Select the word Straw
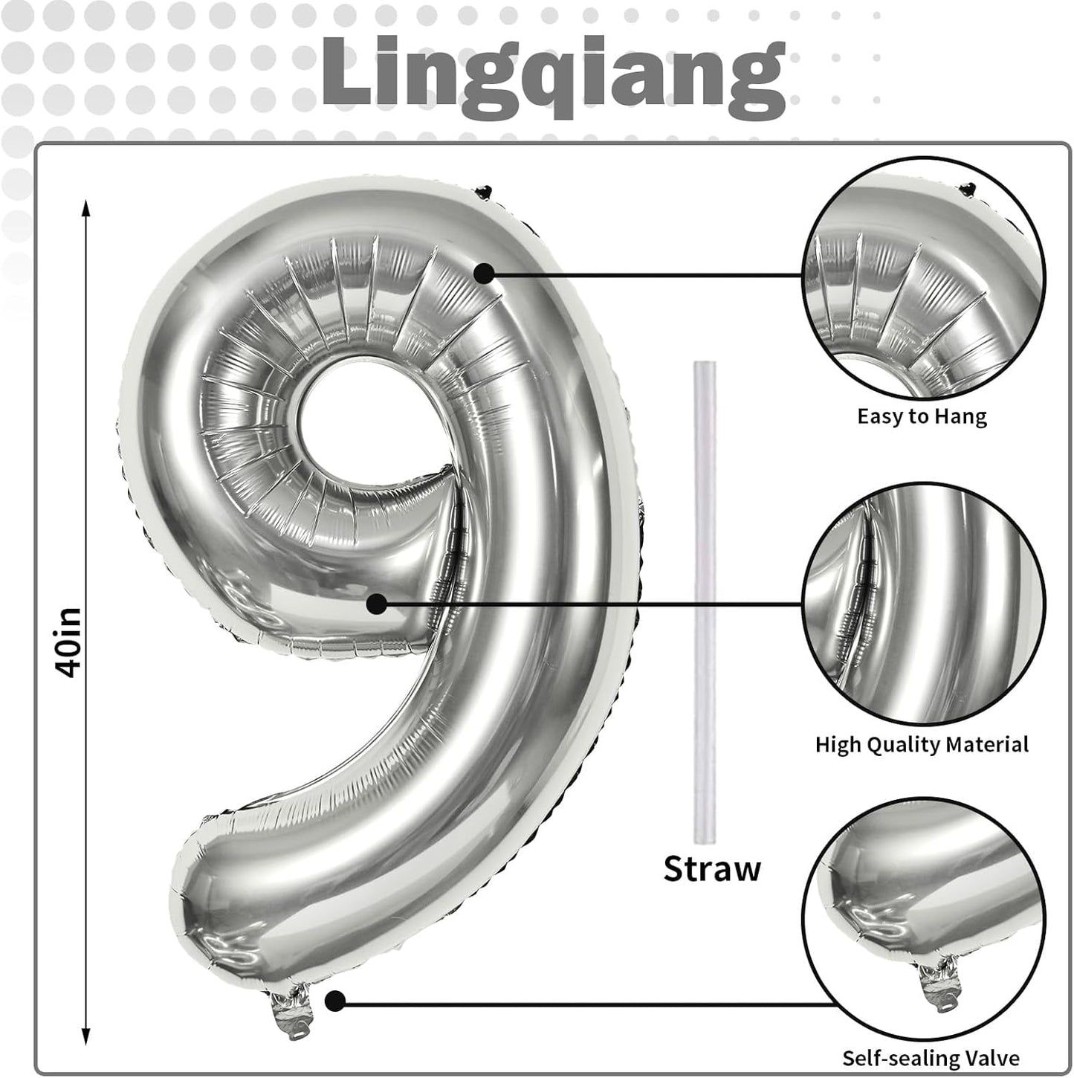coord(712,868)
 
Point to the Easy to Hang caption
coord(922,416)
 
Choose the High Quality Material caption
coord(922,744)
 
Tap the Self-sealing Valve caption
coord(931,1058)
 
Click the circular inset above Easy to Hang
coord(924,279)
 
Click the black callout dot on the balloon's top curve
coord(485,274)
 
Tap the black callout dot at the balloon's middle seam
coord(377,604)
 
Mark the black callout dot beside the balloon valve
coord(336,1002)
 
